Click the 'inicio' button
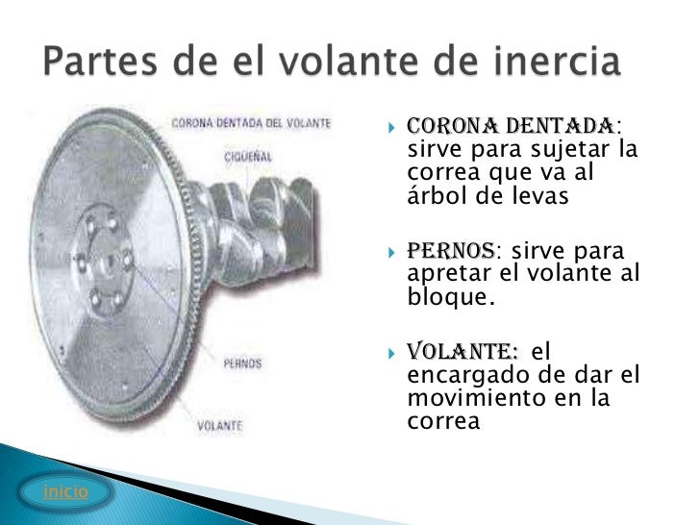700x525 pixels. click(65, 491)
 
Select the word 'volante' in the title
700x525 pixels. click(337, 64)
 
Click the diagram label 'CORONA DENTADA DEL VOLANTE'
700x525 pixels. click(252, 124)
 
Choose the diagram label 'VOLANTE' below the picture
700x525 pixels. click(220, 424)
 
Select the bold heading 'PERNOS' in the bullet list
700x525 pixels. click(451, 252)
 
